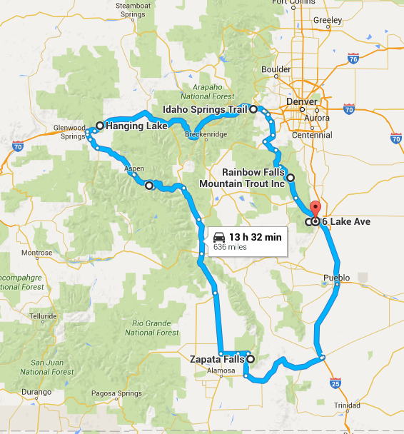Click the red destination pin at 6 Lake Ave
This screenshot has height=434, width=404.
point(315,210)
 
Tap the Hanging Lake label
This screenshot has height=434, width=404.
point(136,126)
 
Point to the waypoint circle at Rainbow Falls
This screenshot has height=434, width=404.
point(291,177)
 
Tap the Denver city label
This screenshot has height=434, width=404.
point(301,102)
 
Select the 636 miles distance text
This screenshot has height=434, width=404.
point(230,248)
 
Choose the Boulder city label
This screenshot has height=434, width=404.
point(276,69)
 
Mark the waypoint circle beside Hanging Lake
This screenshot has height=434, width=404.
point(100,126)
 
